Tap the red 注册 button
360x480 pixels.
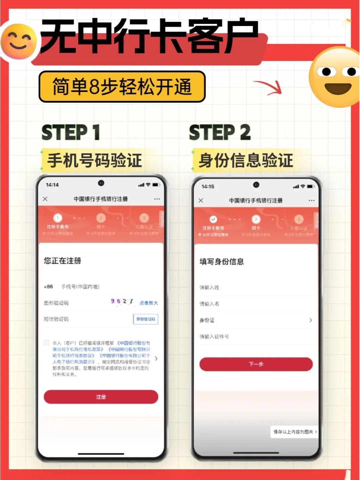101,397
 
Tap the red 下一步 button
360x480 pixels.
256,364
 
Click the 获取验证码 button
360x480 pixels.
146,319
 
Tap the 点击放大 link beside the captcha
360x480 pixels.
149,303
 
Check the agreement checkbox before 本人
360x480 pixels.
47,343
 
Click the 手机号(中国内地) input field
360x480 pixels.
100,286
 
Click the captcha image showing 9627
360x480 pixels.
122,301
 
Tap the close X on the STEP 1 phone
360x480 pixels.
45,199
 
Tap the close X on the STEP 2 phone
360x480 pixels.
201,200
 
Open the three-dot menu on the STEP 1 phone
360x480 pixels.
157,199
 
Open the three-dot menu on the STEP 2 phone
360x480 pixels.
312,201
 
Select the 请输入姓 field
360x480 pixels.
253,287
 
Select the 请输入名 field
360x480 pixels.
253,304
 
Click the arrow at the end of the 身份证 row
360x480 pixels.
310,320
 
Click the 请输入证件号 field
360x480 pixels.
253,337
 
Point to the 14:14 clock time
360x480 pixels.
52,185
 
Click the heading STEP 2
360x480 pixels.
220,132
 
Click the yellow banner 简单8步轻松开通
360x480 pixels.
122,87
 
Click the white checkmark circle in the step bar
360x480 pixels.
213,219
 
